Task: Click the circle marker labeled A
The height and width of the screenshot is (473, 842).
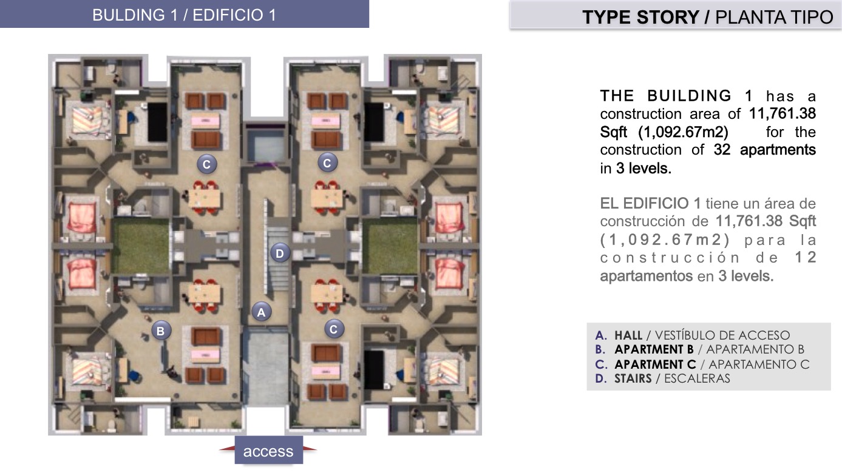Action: [x=261, y=312]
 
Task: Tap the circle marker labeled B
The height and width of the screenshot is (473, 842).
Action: [x=161, y=330]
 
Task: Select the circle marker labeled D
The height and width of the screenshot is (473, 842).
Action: [x=280, y=253]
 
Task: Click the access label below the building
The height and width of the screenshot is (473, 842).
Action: [x=268, y=451]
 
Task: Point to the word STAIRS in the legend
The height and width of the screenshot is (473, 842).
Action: [x=633, y=378]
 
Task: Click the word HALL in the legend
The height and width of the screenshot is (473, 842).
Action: [x=628, y=335]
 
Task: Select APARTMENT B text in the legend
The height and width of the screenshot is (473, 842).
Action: [x=654, y=349]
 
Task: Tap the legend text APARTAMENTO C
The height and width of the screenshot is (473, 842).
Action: [x=759, y=364]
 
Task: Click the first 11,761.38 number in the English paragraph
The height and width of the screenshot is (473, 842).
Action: [x=783, y=113]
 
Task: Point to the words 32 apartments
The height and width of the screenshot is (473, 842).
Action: [x=764, y=150]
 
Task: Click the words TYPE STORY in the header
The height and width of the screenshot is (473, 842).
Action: [x=640, y=17]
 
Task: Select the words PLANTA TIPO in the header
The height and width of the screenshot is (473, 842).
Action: [x=774, y=17]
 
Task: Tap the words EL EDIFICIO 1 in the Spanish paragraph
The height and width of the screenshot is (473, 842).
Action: [x=650, y=204]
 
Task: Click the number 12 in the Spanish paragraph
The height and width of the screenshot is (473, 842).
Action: [x=805, y=258]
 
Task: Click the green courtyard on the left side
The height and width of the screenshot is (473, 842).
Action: [x=141, y=246]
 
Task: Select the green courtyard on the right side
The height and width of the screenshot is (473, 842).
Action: [x=390, y=246]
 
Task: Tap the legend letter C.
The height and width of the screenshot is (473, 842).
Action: [x=601, y=364]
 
